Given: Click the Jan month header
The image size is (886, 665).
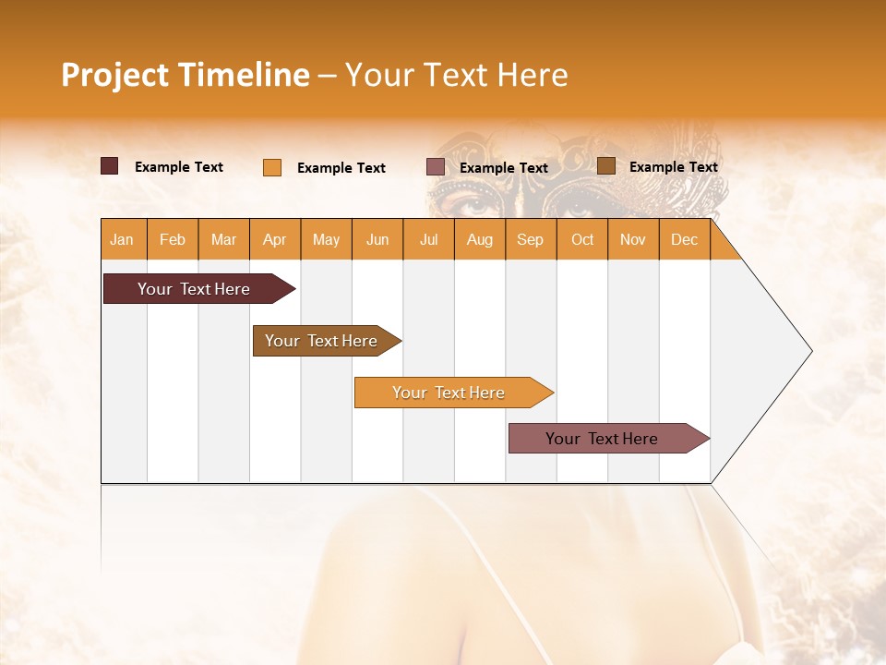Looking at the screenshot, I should tap(122, 240).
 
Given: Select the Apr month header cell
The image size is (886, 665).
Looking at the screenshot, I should tap(275, 240).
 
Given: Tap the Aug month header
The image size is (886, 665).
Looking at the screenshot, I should tap(480, 240).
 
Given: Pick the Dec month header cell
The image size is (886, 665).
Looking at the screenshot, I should tap(684, 240).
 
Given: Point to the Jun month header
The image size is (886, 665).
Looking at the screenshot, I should tap(377, 240).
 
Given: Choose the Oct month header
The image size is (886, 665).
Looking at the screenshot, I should tap(582, 240).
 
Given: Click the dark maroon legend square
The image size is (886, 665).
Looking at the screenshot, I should tap(110, 166).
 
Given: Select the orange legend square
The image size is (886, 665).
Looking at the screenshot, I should tap(272, 167).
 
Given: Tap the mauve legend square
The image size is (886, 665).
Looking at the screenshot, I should tap(436, 167).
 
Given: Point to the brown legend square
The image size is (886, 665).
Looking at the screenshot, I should tap(606, 166).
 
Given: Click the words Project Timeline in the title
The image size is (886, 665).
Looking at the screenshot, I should tap(185, 75).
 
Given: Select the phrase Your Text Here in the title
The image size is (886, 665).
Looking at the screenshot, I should tap(456, 75).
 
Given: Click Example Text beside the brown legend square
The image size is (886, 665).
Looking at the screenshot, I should tap(673, 167).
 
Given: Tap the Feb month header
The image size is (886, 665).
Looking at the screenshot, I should tap(173, 240).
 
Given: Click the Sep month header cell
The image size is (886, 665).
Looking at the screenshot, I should tap(531, 240).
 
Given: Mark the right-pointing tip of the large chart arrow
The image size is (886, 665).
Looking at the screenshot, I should tap(810, 351).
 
